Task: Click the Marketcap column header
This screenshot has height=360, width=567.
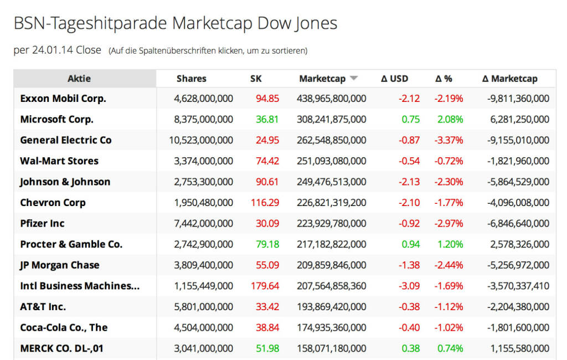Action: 322,79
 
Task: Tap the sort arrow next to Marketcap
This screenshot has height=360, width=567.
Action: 354,79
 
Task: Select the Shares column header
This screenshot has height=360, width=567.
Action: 192,79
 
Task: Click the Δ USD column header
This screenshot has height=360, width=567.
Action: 394,79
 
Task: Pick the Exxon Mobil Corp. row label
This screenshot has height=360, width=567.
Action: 63,99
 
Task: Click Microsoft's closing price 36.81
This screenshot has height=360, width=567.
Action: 267,119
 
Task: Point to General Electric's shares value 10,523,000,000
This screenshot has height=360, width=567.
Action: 201,140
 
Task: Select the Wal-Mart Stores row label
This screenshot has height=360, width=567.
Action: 59,161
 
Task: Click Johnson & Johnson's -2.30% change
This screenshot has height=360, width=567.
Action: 449,182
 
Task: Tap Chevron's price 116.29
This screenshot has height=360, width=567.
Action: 265,203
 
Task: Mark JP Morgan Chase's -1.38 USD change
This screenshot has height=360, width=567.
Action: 409,265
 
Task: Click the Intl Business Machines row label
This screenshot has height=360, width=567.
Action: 80,286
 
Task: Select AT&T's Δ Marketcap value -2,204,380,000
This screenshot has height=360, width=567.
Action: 518,307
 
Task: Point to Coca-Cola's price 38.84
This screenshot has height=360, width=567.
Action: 267,327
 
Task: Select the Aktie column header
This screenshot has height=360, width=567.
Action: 79,79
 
